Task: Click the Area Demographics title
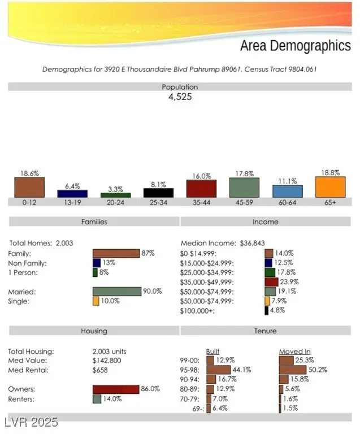(295, 46)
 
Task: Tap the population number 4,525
(180, 97)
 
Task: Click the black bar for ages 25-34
(158, 193)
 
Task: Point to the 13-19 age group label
(72, 202)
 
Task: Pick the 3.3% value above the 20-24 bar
(115, 188)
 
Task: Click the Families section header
(94, 222)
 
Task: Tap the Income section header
(266, 222)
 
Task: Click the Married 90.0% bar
(117, 292)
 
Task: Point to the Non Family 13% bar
(97, 263)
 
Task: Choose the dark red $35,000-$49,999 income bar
(271, 282)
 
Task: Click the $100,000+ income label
(198, 311)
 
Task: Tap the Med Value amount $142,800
(107, 361)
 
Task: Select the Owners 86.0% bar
(116, 389)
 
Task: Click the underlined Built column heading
(212, 351)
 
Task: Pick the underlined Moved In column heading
(294, 351)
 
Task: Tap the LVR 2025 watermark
(31, 422)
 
